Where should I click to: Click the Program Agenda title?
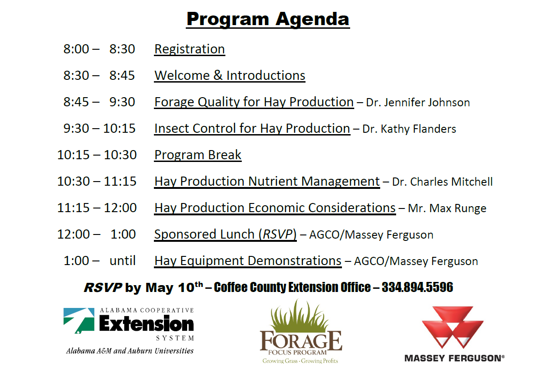[x=268, y=19]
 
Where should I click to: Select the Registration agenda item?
[x=189, y=49]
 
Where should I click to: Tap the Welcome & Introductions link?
[x=229, y=75]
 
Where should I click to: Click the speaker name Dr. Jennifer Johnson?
[x=418, y=102]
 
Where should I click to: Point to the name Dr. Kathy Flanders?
[x=409, y=129]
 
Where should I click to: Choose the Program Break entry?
[x=198, y=155]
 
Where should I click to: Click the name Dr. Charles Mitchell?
[x=442, y=182]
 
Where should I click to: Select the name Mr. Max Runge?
[x=447, y=208]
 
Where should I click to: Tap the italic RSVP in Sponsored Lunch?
[x=277, y=234]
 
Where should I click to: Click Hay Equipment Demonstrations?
[x=248, y=261]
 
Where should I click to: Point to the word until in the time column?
[x=122, y=260]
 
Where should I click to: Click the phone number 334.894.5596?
[x=417, y=287]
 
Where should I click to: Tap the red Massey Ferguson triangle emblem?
[x=453, y=327]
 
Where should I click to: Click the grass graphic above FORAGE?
[x=299, y=316]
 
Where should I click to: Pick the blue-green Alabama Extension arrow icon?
[x=79, y=320]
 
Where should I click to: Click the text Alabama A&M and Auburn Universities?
[x=130, y=351]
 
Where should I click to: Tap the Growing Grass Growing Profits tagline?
[x=300, y=361]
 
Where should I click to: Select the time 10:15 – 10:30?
[x=97, y=155]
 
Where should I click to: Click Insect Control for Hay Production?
[x=252, y=129]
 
